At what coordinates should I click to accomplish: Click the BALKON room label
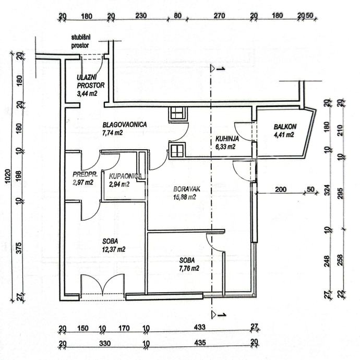tap(285, 126)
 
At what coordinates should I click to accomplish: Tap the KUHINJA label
tap(227, 139)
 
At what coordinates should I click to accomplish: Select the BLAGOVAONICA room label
tap(125, 125)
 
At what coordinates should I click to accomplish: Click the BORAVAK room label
tap(187, 189)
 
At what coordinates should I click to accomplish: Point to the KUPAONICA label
tap(125, 176)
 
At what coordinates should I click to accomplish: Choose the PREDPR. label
tap(85, 174)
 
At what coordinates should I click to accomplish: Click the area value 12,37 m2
tap(114, 249)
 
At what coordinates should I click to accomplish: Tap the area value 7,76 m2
tap(189, 268)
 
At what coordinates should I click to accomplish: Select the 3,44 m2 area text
tap(87, 93)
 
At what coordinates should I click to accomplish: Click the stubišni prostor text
tap(80, 41)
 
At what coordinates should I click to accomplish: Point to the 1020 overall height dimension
tap(8, 176)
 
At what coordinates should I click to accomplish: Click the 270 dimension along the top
tap(219, 16)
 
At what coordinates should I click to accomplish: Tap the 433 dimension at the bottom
tap(199, 327)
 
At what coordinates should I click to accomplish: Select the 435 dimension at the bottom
tap(200, 343)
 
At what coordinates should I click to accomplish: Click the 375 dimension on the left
tap(19, 248)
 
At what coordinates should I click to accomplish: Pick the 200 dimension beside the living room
tap(281, 189)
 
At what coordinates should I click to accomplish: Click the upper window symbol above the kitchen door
tap(178, 113)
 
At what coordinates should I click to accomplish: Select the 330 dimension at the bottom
tap(105, 343)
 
